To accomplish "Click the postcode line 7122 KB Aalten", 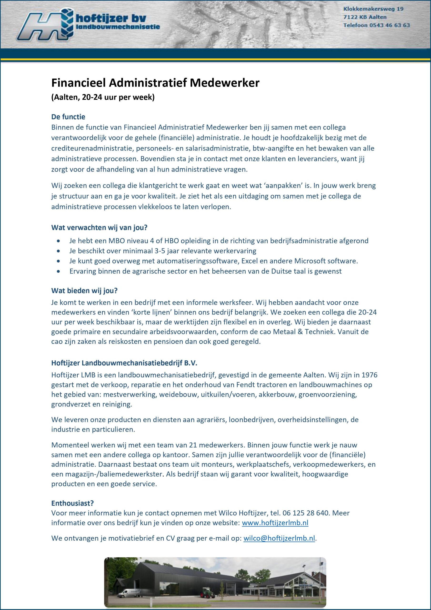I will [365, 17].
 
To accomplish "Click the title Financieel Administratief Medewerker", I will [155, 83].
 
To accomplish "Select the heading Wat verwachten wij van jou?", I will [99, 228].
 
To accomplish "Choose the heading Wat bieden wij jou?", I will [84, 291].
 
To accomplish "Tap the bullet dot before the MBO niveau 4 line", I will [58, 241].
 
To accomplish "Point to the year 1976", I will [369, 375].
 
